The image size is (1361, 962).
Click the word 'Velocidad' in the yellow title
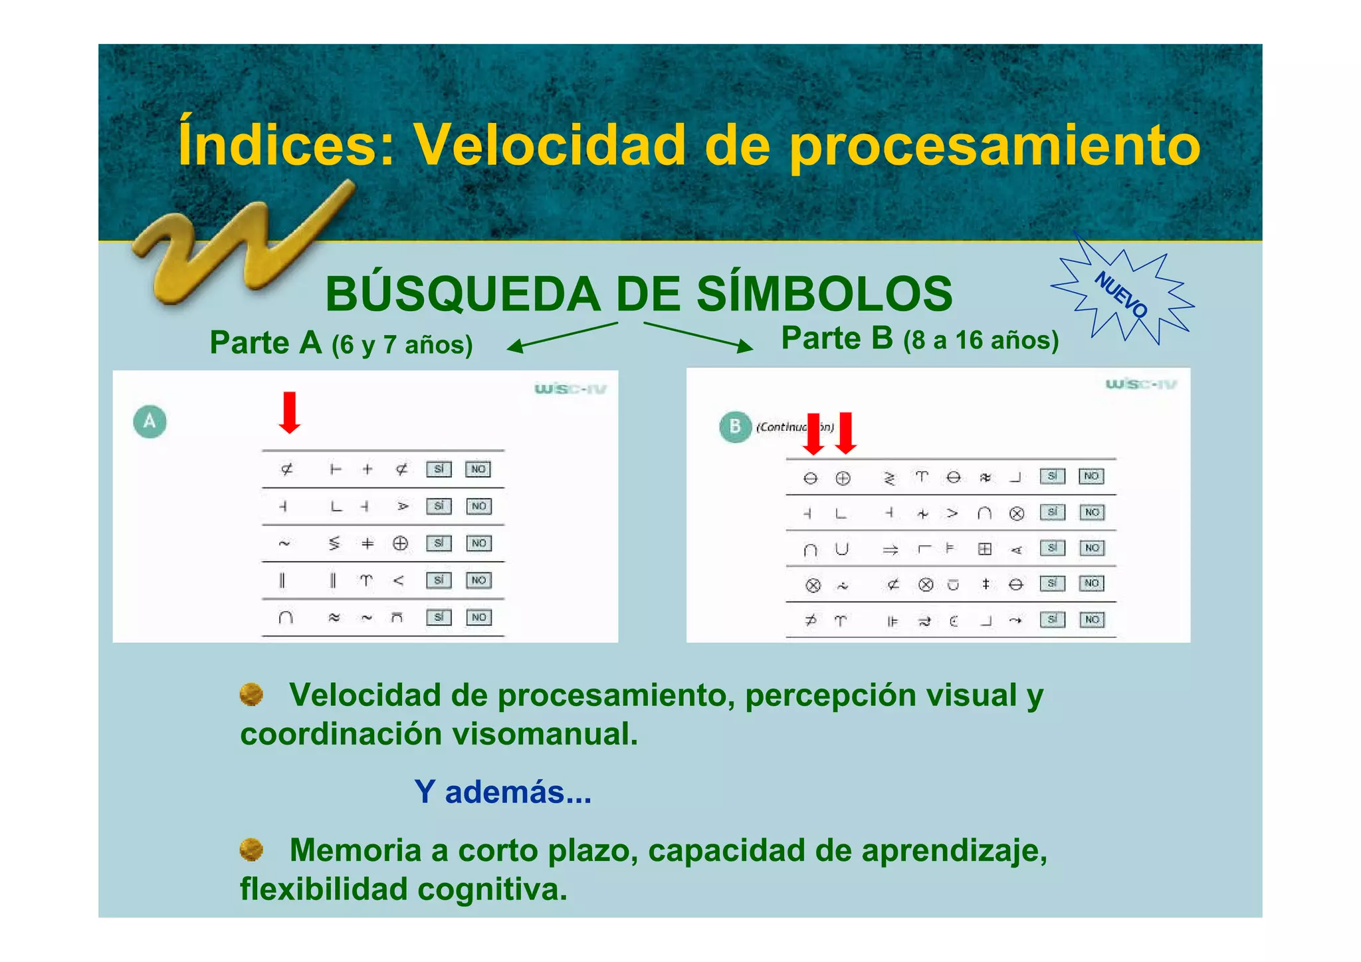pyautogui.click(x=549, y=145)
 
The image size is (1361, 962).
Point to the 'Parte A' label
pyautogui.click(x=265, y=343)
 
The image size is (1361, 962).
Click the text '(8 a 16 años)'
pyautogui.click(x=981, y=340)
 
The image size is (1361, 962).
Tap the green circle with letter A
pyautogui.click(x=150, y=421)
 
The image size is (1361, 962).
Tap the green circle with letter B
pyautogui.click(x=735, y=426)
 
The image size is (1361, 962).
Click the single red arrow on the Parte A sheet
pyautogui.click(x=289, y=412)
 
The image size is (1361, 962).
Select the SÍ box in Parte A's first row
pyautogui.click(x=439, y=469)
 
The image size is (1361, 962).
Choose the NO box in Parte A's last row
pyautogui.click(x=478, y=618)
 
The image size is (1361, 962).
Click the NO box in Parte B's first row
pyautogui.click(x=1091, y=476)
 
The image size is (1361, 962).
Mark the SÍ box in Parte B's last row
pyautogui.click(x=1053, y=620)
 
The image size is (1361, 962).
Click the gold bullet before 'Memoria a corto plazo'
pyautogui.click(x=251, y=849)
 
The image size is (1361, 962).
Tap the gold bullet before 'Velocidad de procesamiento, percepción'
pyautogui.click(x=251, y=695)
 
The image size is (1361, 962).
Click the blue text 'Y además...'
pyautogui.click(x=502, y=792)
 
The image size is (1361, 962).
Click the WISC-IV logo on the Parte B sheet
pyautogui.click(x=1140, y=384)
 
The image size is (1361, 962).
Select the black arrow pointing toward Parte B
pyautogui.click(x=698, y=336)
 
